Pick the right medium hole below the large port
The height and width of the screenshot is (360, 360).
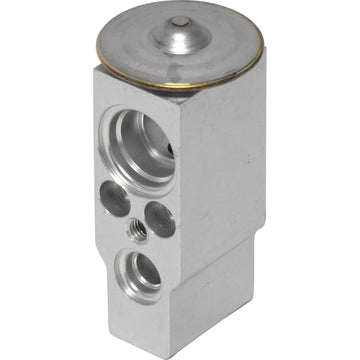click(159, 218)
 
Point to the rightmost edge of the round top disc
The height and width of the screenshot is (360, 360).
click(264, 44)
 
